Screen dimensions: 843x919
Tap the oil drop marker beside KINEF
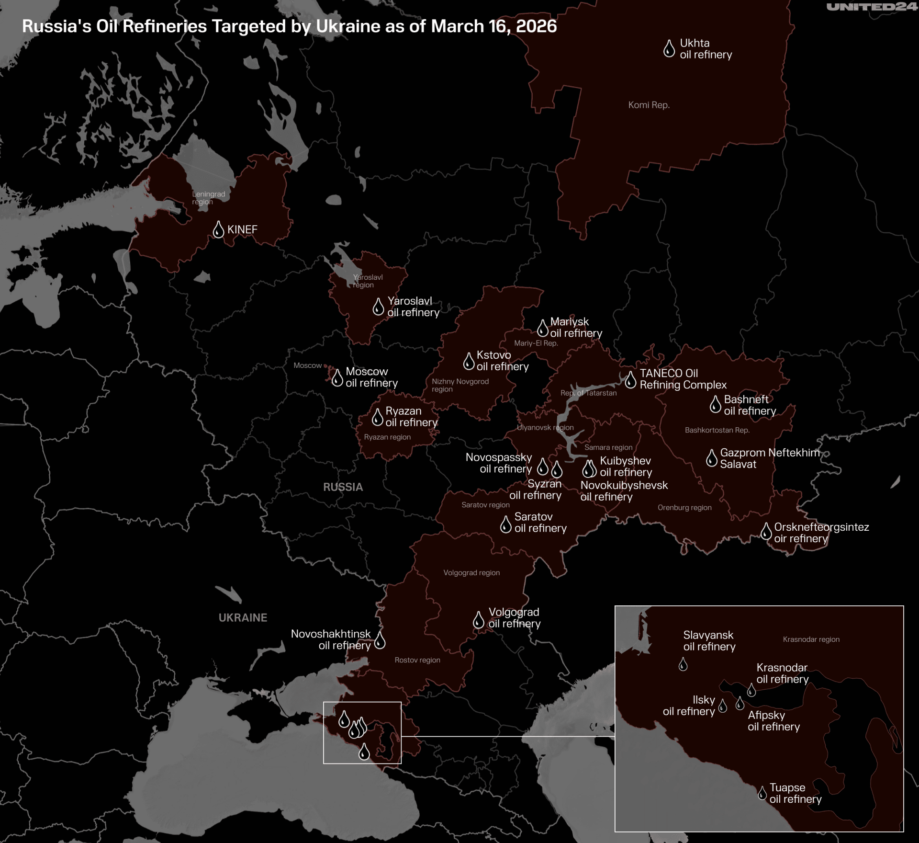pyautogui.click(x=218, y=230)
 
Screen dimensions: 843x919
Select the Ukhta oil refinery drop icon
pyautogui.click(x=669, y=49)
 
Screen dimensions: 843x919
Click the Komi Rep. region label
pyautogui.click(x=649, y=105)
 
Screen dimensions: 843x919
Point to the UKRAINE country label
pyautogui.click(x=243, y=618)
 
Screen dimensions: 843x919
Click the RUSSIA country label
pyautogui.click(x=343, y=487)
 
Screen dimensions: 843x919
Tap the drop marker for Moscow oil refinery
pyautogui.click(x=337, y=378)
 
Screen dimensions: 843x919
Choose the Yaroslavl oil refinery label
pyautogui.click(x=413, y=307)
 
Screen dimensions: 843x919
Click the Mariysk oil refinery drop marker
pyautogui.click(x=542, y=329)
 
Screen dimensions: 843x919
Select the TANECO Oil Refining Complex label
pyautogui.click(x=683, y=379)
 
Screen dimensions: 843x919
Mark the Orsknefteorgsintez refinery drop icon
pyautogui.click(x=766, y=532)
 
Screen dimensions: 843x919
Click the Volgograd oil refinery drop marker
pyautogui.click(x=478, y=620)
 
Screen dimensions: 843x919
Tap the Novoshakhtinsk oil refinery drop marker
pyautogui.click(x=380, y=640)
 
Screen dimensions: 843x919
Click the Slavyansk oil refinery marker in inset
pyautogui.click(x=683, y=664)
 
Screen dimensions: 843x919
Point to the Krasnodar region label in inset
pyautogui.click(x=811, y=639)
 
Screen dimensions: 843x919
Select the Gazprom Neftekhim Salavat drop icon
pyautogui.click(x=712, y=459)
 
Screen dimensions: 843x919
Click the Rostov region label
pyautogui.click(x=417, y=660)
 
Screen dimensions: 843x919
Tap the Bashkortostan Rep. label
pyautogui.click(x=717, y=430)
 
